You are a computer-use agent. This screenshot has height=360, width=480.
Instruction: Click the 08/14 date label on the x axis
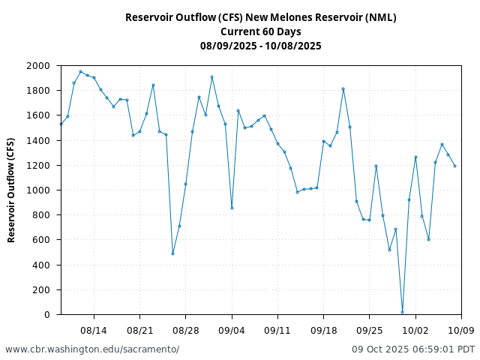(x=94, y=329)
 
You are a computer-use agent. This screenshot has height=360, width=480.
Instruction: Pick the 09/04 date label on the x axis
(x=232, y=329)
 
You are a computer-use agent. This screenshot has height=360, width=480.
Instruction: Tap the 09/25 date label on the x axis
(x=370, y=329)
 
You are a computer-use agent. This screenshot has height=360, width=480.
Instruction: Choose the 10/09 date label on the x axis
(x=461, y=329)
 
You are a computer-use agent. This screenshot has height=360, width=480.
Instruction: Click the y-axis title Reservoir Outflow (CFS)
(x=12, y=190)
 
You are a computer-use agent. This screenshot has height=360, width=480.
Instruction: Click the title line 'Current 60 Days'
(x=261, y=31)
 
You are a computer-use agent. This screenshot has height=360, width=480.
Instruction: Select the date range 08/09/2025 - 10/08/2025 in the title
(x=261, y=46)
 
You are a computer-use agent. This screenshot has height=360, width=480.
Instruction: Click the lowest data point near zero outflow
(x=402, y=312)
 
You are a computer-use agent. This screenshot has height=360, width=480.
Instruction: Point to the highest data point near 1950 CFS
(x=80, y=72)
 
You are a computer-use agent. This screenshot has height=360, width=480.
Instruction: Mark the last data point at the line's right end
(x=454, y=166)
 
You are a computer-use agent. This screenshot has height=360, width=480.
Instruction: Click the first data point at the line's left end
(x=61, y=124)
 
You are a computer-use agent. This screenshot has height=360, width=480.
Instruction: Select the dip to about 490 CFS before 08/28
(x=172, y=253)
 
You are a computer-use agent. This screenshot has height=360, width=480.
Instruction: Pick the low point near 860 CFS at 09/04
(x=232, y=208)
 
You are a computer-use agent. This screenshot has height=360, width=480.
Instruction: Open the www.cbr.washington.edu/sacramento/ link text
(x=92, y=349)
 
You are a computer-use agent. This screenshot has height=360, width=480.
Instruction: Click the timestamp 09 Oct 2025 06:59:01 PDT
(x=413, y=349)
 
